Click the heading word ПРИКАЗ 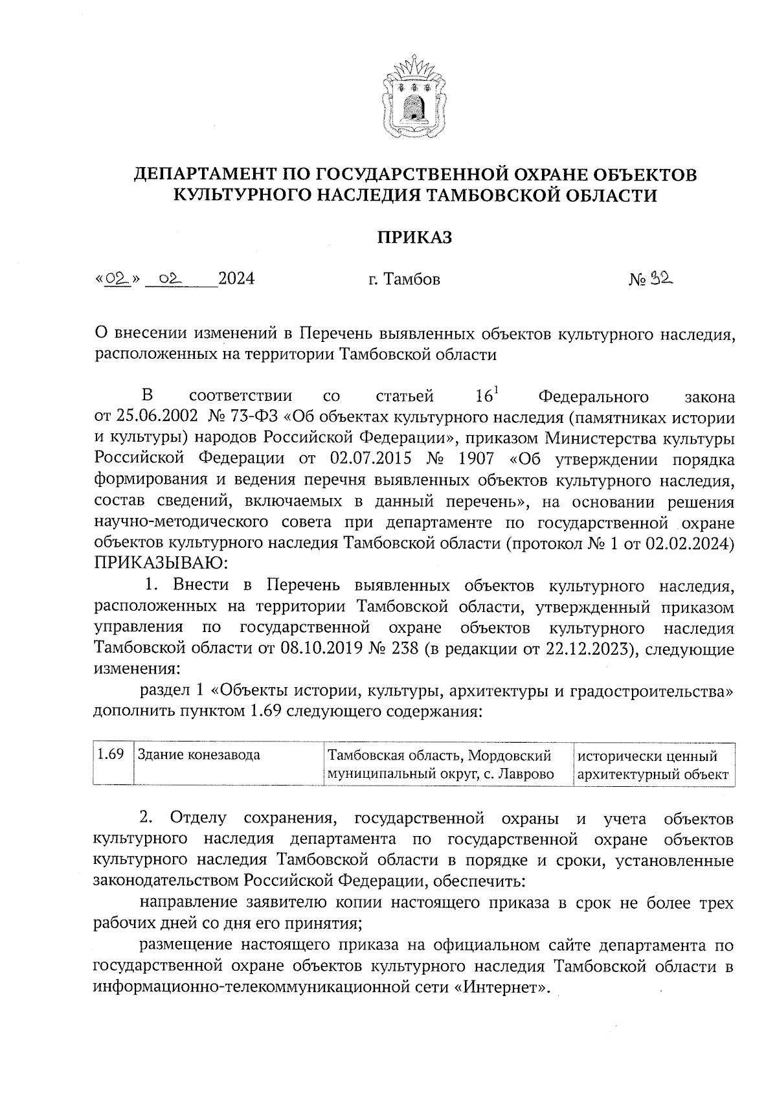pos(414,238)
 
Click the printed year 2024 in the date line pos(236,279)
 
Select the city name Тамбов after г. pos(412,280)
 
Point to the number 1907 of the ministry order pos(476,459)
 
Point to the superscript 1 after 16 pos(495,389)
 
